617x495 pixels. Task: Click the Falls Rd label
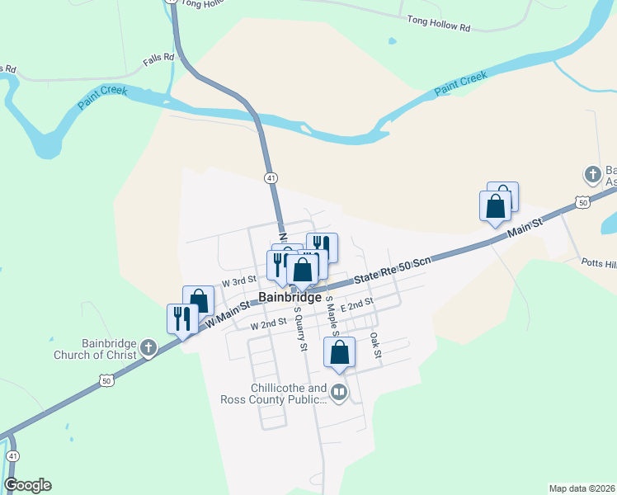(158, 58)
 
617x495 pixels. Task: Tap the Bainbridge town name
(290, 297)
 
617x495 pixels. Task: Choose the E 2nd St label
(357, 305)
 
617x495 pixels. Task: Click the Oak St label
(375, 346)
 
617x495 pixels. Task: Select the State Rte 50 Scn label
(393, 271)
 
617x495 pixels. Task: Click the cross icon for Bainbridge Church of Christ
(148, 346)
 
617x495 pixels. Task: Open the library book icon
(339, 392)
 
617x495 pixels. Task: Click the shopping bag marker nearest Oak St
(339, 352)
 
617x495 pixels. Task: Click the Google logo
(27, 485)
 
